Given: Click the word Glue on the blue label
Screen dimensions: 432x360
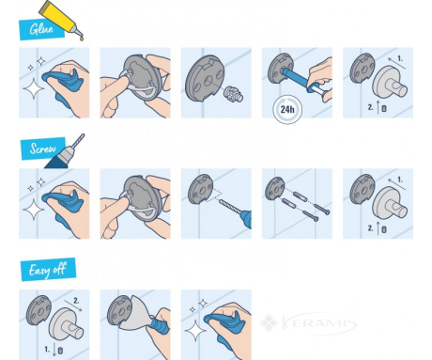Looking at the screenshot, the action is [41, 29].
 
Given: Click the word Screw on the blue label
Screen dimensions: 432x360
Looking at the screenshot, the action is [43, 149].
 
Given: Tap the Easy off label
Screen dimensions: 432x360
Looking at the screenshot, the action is [48, 270].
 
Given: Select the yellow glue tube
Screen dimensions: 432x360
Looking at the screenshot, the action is [61, 20].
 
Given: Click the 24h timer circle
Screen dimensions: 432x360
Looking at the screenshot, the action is [287, 109].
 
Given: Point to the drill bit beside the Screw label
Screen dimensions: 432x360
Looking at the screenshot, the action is [78, 140].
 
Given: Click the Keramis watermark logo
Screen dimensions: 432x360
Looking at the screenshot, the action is [308, 322].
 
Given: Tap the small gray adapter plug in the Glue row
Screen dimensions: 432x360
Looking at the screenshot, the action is [234, 93].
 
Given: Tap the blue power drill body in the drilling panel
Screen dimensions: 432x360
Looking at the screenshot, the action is [245, 218].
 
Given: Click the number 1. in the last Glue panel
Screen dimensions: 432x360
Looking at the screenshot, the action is [400, 58].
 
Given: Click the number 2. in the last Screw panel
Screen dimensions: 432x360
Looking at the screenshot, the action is [370, 228].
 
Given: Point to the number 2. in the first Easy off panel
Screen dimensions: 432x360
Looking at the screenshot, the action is [76, 301].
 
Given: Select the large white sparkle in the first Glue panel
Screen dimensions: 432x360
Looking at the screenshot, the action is [34, 88].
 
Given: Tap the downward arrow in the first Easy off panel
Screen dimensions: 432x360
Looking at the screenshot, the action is [54, 349].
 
